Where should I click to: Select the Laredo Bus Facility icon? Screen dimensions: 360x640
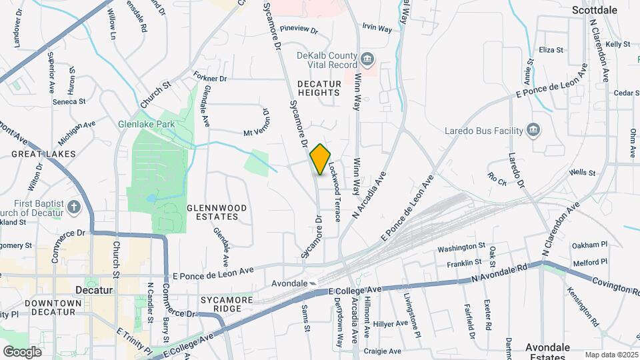pyautogui.click(x=533, y=129)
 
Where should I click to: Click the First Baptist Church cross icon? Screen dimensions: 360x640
pyautogui.click(x=73, y=207)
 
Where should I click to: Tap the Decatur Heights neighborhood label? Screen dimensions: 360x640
pyautogui.click(x=319, y=88)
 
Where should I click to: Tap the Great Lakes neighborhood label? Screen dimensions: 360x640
pyautogui.click(x=43, y=154)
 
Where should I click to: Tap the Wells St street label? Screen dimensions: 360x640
pyautogui.click(x=583, y=173)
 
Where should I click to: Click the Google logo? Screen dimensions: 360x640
pyautogui.click(x=23, y=351)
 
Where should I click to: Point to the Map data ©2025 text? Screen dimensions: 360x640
pyautogui.click(x=611, y=355)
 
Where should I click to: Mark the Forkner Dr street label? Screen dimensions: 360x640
pyautogui.click(x=210, y=78)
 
